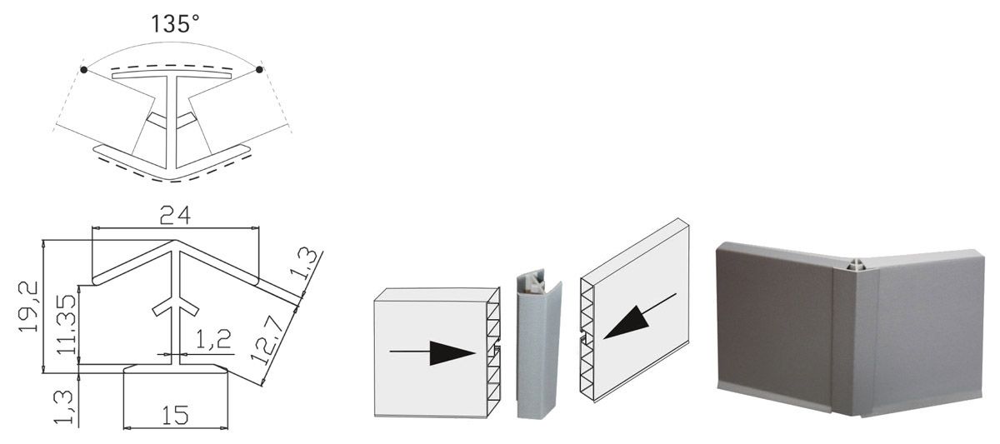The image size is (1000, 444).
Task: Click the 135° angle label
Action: [174, 23]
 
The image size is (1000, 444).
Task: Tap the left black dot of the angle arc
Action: [83, 70]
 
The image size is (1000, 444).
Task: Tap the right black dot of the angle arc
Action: [259, 69]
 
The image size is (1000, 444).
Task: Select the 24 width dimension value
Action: [175, 215]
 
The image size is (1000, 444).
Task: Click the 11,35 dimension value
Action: [67, 324]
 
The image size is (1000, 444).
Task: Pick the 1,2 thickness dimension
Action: [213, 339]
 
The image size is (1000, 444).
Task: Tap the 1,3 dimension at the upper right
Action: [305, 265]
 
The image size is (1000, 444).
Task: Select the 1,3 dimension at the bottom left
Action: [63, 407]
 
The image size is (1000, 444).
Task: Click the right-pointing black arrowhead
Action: [452, 353]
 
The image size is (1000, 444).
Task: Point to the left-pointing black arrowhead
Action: [626, 323]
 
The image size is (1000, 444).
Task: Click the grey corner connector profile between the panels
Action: [539, 347]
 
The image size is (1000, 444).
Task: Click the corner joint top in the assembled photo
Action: [856, 265]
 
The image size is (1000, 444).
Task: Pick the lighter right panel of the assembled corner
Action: [927, 330]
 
